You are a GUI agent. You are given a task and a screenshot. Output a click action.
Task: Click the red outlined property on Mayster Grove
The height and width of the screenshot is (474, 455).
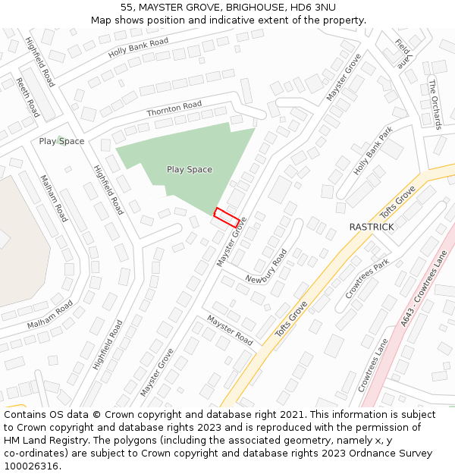[x=227, y=217]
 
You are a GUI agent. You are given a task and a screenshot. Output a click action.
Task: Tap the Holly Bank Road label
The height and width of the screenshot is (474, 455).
[x=138, y=48]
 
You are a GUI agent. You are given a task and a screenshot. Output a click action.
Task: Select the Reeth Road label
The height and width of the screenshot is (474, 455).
[x=27, y=96]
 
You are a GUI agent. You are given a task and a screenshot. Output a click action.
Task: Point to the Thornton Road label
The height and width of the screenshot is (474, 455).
[x=174, y=108]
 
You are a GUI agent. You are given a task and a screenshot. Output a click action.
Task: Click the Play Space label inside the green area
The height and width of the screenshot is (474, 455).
[x=190, y=170]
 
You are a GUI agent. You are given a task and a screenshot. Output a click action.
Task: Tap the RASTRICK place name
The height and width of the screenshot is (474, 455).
[x=372, y=227]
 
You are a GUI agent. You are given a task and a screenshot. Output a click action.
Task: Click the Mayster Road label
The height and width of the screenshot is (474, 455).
[x=230, y=330]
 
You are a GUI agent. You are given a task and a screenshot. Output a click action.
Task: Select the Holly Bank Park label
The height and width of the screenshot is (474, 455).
[x=374, y=151]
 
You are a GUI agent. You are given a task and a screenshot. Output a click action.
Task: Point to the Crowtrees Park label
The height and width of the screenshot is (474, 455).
[x=367, y=278]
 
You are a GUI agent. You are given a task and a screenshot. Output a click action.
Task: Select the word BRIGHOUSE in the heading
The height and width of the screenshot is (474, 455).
[x=249, y=7]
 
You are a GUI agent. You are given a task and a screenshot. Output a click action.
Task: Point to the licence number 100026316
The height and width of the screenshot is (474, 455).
[x=31, y=466]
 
